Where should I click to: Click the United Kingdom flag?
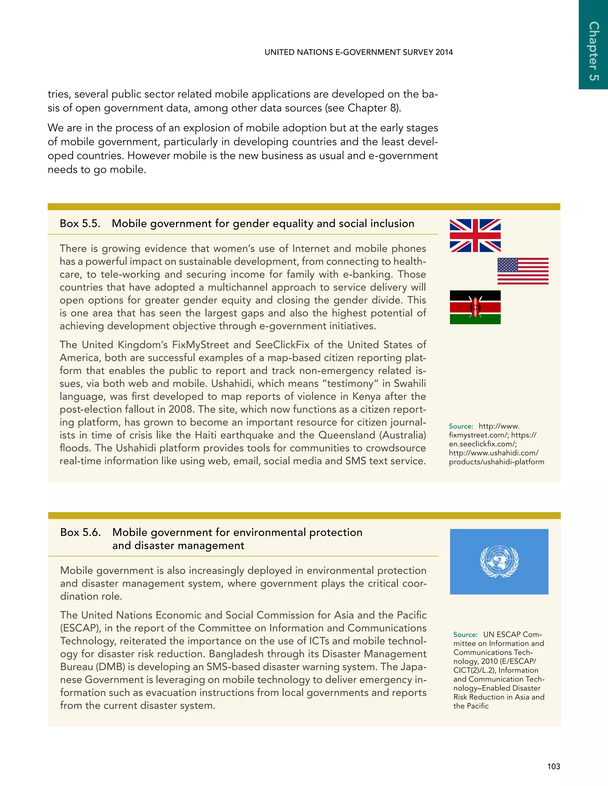point(475,236)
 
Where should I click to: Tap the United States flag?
point(522,271)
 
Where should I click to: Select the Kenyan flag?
point(475,307)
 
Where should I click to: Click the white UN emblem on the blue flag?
point(499,562)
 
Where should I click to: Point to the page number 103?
point(553,766)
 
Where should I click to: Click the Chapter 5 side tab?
point(593,50)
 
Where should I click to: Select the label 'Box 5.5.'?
point(80,224)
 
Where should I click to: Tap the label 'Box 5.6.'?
point(80,532)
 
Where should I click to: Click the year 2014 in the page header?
point(444,52)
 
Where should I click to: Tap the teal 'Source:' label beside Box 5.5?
point(461,427)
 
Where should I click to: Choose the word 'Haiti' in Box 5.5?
point(206,435)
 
